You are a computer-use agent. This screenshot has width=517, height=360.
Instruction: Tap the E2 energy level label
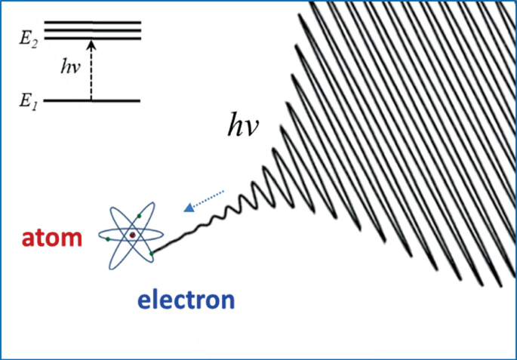tap(29, 37)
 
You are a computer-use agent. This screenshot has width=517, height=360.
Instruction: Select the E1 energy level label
tap(28, 100)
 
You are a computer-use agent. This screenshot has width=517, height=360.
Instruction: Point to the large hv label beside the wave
tap(244, 127)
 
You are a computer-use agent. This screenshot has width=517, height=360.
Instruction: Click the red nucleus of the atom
tap(132, 235)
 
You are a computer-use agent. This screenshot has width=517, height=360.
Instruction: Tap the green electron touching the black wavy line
tap(153, 254)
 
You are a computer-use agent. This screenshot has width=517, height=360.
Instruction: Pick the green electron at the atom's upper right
tap(140, 216)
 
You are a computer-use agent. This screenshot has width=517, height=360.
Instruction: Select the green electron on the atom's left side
tap(109, 239)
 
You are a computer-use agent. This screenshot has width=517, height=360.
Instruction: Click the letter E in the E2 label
tap(25, 36)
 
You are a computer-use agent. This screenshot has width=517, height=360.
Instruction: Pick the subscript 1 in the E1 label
tap(34, 103)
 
